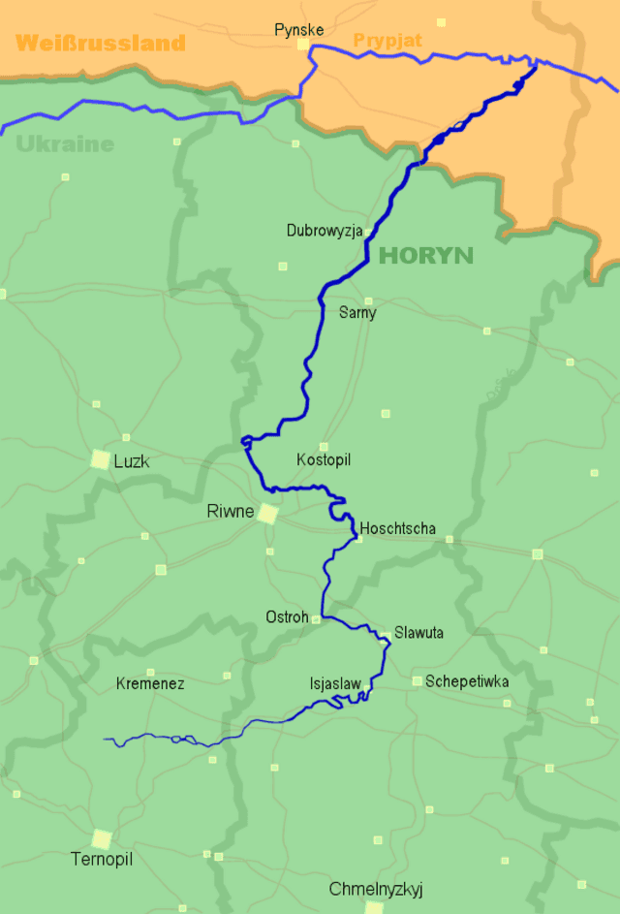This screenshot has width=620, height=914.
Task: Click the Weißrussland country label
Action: coord(101,43)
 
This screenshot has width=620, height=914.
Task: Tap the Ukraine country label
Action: coord(65,144)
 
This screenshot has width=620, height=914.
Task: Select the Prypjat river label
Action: coord(387,41)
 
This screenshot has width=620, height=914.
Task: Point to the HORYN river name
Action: coord(426,256)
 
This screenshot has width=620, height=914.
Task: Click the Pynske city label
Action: coord(298,30)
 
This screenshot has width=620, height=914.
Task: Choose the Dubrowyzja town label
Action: coord(325,231)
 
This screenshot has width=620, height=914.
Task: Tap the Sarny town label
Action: coord(357,313)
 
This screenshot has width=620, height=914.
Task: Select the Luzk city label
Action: coord(132,461)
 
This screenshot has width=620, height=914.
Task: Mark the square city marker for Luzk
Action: coord(100,459)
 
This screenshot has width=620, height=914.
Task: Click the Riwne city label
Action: coord(230,511)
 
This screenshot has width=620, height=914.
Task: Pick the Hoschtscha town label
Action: coord(398,529)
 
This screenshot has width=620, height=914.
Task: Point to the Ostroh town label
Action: coord(287,617)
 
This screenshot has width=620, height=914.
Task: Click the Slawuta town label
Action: coord(418,633)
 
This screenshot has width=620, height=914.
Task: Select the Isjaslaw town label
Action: coord(335,683)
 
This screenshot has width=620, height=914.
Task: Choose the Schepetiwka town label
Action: coord(467,681)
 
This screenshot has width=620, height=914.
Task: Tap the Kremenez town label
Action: coord(150,683)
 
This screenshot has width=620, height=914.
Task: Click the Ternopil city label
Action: coord(102,859)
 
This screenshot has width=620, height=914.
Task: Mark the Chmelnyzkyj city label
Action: coord(376,889)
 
